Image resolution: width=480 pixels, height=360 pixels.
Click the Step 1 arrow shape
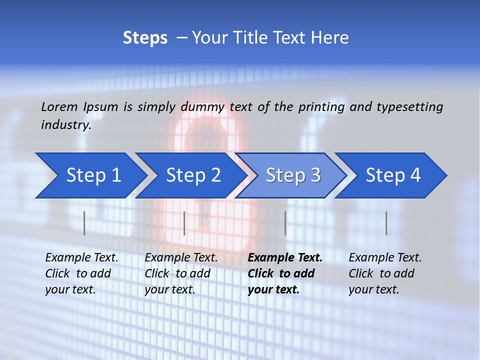coord(93,175)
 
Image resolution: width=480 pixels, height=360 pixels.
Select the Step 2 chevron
coord(193,175)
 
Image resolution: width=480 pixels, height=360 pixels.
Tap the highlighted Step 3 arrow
coord(293,175)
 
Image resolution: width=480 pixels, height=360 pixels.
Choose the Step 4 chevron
coord(393,175)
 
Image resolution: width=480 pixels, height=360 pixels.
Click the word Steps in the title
coord(145,38)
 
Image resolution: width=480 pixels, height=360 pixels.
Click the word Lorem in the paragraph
coord(59,107)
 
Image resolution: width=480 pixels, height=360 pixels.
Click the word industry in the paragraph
coord(65,125)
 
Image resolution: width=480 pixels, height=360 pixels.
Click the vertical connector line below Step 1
coord(84,223)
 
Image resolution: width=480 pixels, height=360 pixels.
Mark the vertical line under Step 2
coord(184,223)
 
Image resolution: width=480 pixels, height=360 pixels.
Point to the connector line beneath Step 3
coord(285,223)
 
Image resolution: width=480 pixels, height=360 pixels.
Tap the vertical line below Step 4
coord(386,223)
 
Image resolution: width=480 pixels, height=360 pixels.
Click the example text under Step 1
coord(81,273)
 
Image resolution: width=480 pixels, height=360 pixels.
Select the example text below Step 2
coord(181,273)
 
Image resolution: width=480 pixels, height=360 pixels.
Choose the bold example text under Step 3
coord(284,273)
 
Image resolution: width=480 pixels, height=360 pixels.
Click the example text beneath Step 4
coord(385,273)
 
